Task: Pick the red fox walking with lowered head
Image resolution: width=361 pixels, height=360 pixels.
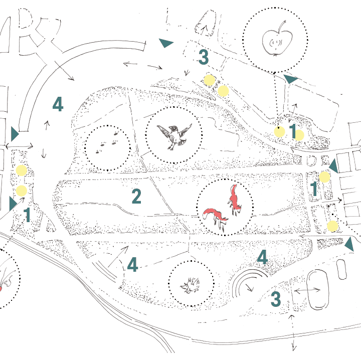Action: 216,216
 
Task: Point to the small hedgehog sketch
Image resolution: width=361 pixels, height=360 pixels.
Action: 192,285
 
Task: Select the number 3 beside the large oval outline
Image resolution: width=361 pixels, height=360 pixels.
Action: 276,299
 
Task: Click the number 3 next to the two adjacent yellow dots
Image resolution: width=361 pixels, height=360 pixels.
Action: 203,58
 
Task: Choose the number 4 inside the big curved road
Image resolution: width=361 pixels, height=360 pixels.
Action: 58,105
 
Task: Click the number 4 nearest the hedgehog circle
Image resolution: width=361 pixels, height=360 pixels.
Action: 132,265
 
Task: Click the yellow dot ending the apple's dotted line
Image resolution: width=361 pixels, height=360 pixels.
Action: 279,132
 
